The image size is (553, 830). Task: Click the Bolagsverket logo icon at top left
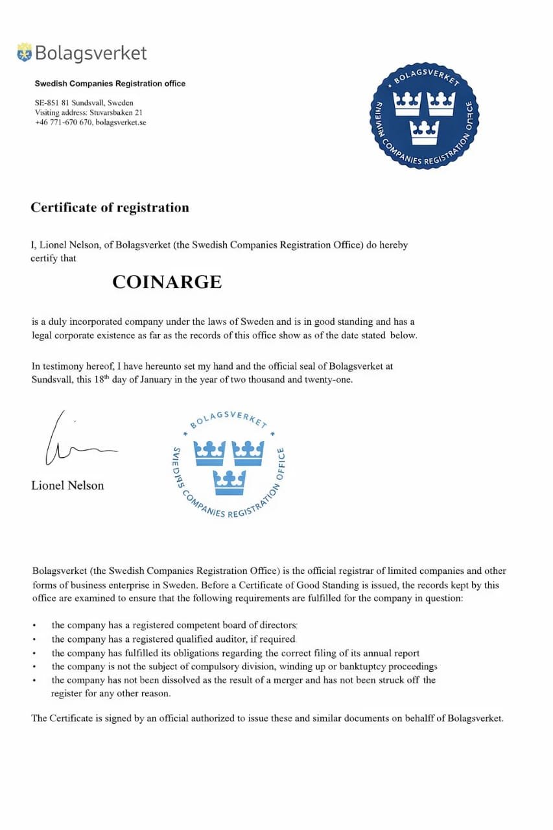pyautogui.click(x=25, y=53)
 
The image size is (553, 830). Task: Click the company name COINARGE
pyautogui.click(x=167, y=282)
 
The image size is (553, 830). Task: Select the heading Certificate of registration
pyautogui.click(x=110, y=207)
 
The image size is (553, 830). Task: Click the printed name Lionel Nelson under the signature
pyautogui.click(x=67, y=485)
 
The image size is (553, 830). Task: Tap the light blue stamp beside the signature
pyautogui.click(x=229, y=465)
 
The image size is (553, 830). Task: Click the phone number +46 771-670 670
pyautogui.click(x=64, y=122)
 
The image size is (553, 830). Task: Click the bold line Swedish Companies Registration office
pyautogui.click(x=110, y=84)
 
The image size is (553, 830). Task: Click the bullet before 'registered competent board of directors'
pyautogui.click(x=34, y=626)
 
